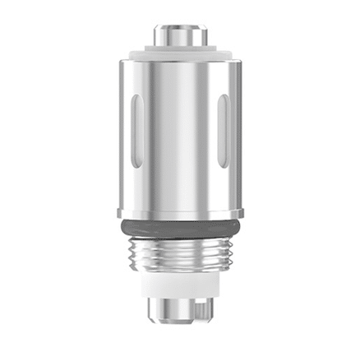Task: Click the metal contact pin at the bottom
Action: click(x=179, y=311)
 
